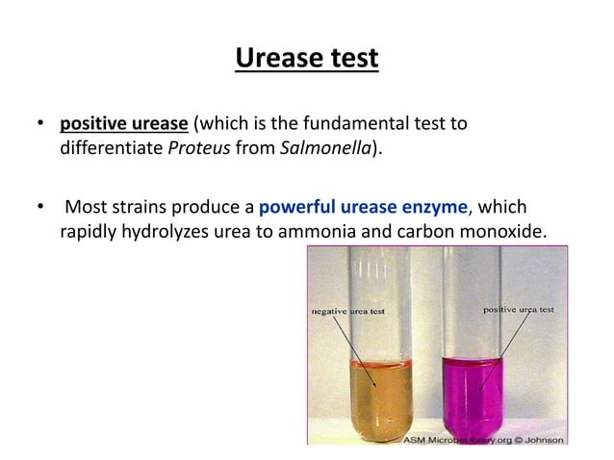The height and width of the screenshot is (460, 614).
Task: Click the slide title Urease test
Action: point(307,61)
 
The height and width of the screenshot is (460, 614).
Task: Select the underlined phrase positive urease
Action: point(125,125)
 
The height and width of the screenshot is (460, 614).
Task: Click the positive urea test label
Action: point(519,309)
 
